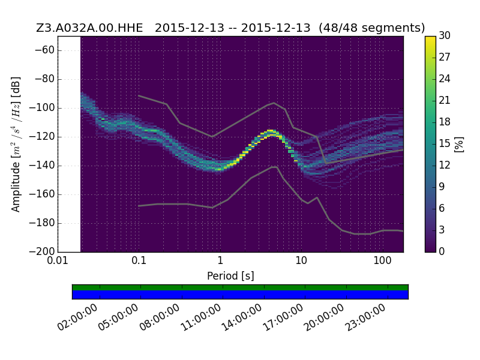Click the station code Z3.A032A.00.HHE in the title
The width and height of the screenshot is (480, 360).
[89, 28]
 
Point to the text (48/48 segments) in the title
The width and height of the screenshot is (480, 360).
[371, 28]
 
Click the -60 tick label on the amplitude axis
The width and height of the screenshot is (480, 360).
[44, 50]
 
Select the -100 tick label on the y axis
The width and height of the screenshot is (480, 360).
[41, 108]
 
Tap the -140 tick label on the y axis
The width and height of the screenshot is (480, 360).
[41, 166]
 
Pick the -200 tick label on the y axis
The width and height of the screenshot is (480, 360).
[41, 251]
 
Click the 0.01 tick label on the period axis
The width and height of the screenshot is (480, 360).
[58, 260]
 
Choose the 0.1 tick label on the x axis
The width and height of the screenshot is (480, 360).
[139, 260]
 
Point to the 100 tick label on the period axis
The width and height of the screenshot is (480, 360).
[382, 260]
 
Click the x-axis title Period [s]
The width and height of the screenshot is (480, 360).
[230, 276]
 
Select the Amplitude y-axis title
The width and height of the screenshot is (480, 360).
[16, 144]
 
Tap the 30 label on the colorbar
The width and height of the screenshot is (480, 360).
[445, 35]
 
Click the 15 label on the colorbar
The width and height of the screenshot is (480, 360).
[445, 143]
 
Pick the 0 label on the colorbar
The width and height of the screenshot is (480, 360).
[442, 251]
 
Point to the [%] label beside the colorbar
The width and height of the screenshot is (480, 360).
[459, 144]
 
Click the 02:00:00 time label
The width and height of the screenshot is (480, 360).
[78, 317]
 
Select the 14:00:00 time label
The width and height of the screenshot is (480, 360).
[242, 317]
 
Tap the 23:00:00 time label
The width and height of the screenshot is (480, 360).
[365, 317]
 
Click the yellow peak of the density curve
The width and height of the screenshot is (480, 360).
[271, 131]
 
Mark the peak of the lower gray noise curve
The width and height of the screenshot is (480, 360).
[275, 167]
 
